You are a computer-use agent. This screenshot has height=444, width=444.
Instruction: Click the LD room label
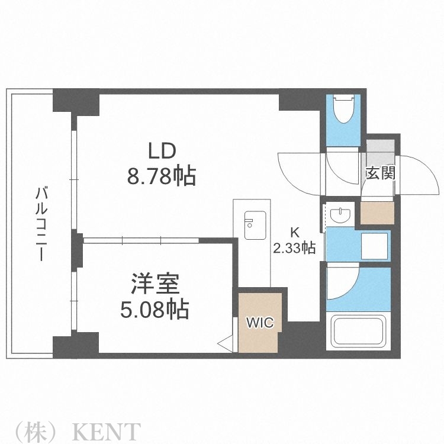[x=161, y=151]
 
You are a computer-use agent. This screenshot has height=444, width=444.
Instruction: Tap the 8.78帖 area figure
[x=161, y=176]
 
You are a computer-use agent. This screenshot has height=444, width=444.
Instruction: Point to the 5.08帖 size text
[x=155, y=309]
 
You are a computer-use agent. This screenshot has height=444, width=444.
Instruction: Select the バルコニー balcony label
[x=41, y=225]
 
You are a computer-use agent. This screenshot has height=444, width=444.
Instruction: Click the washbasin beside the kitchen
[x=340, y=214]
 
